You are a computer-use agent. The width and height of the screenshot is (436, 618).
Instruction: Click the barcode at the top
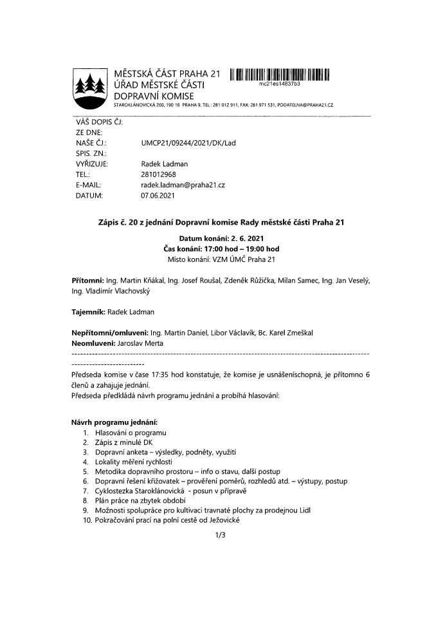tap(278, 73)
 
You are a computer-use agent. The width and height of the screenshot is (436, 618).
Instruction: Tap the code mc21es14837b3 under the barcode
tap(279, 84)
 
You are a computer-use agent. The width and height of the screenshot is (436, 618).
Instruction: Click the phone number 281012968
tap(158, 174)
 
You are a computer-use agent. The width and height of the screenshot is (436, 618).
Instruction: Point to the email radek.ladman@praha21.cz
tap(183, 184)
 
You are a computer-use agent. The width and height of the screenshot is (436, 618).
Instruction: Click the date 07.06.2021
tap(158, 194)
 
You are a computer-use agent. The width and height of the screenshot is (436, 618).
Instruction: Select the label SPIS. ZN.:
tap(91, 153)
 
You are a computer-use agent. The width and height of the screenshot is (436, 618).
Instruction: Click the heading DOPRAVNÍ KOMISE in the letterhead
tap(153, 96)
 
